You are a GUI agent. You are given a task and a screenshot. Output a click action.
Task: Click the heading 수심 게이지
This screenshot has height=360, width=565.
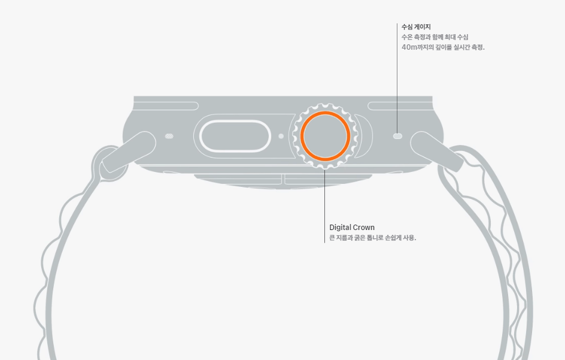tap(416, 26)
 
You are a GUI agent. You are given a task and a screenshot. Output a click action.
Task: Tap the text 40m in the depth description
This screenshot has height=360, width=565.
tap(409, 47)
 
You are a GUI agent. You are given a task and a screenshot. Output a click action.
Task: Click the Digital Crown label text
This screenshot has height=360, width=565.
tap(352, 228)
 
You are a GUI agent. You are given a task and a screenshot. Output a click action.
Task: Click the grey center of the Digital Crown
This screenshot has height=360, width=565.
tap(325, 136)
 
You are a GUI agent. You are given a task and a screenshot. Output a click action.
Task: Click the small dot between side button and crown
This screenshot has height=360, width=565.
tap(281, 136)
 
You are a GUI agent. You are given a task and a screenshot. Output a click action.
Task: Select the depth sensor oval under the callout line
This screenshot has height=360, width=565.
tap(397, 136)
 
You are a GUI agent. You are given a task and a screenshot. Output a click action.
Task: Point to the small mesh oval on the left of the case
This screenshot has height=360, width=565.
tap(169, 136)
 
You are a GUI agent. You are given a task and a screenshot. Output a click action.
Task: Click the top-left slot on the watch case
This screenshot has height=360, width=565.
tap(166, 106)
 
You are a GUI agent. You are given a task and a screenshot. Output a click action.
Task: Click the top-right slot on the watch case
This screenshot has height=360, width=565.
tap(399, 106)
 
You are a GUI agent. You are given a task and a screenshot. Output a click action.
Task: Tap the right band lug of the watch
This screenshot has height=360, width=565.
tap(436, 150)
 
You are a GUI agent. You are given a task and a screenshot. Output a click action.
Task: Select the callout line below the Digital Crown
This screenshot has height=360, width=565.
tap(325, 204)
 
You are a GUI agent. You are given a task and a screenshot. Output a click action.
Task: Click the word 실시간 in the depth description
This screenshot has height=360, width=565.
tap(458, 47)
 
